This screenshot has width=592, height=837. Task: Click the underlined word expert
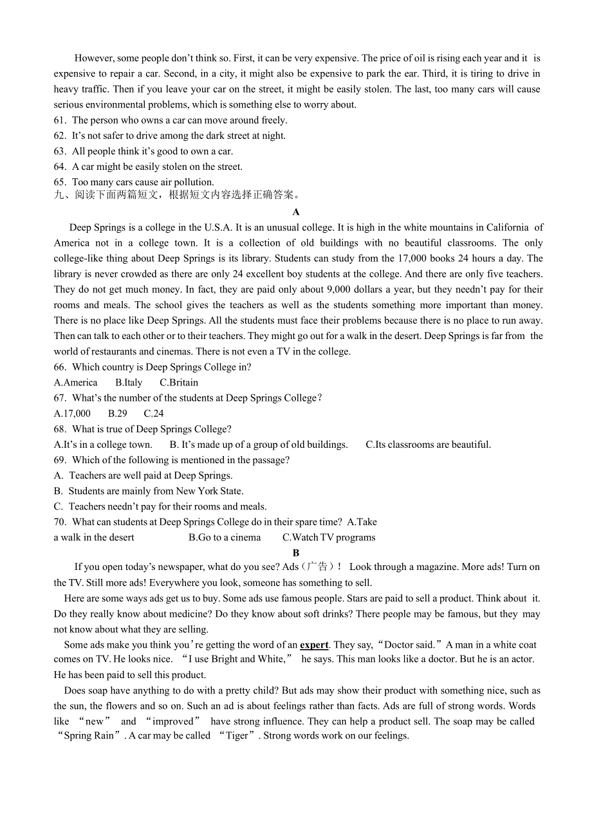pos(314,645)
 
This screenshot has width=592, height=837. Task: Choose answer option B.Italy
pos(129,383)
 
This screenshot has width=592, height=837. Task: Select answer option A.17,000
pos(72,414)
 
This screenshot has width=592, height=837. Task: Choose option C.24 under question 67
pos(154,414)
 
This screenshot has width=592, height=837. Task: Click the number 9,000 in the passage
pos(340,290)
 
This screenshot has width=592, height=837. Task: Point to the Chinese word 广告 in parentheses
pos(318,567)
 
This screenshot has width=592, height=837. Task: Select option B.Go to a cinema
pos(225,538)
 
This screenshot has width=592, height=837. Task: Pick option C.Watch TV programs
pos(329,538)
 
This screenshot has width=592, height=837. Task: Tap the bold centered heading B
pos(296,553)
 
